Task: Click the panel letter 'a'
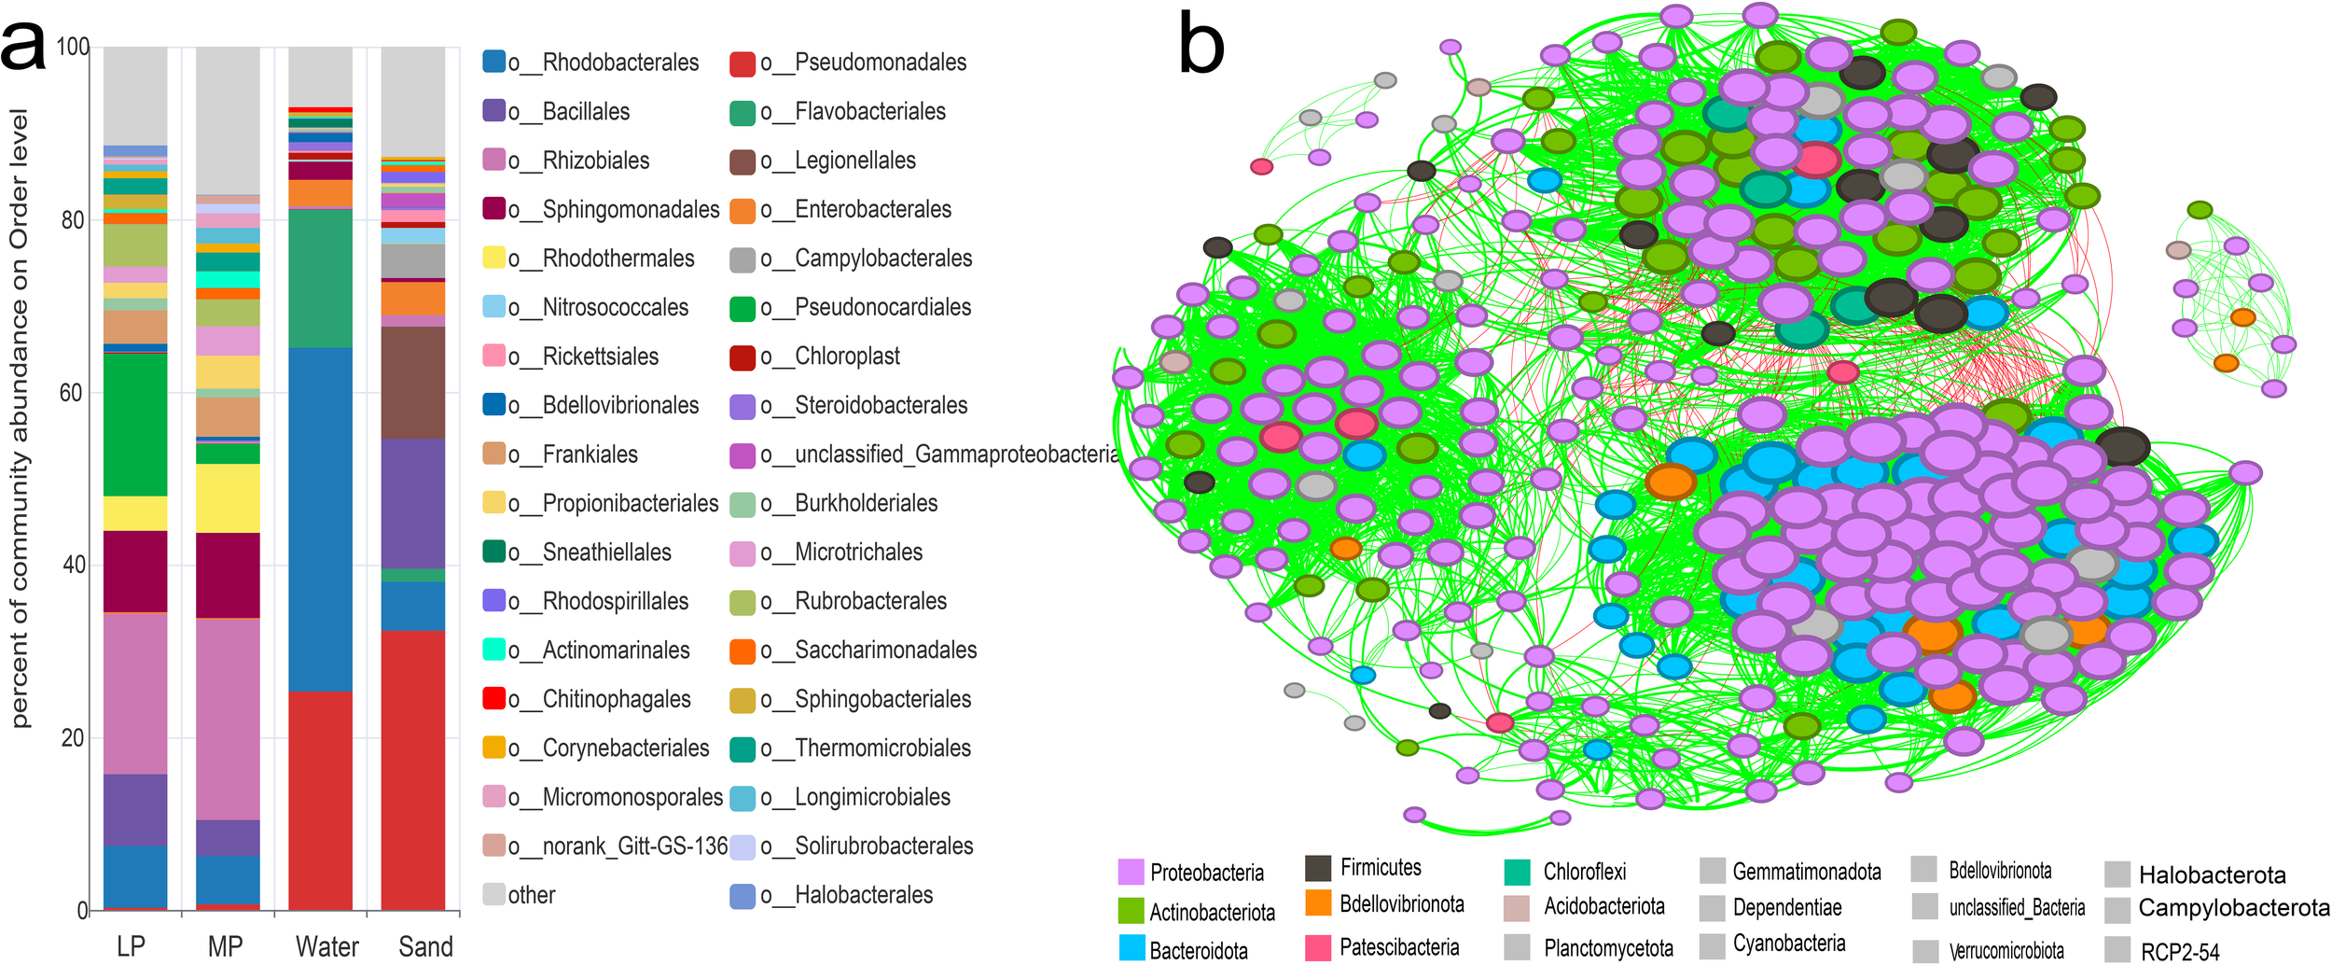pos(22,47)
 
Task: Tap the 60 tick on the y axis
pos(72,393)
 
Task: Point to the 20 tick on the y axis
pos(72,737)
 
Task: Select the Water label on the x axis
pos(326,946)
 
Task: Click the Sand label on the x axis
pos(425,946)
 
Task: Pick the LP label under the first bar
pos(131,946)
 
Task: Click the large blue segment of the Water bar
pos(321,519)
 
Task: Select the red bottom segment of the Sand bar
pos(413,770)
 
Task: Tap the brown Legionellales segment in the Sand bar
pos(413,383)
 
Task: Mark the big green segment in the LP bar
pos(135,425)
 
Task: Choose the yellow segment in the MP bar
pos(228,498)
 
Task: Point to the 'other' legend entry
pos(531,895)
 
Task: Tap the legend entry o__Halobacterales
pos(863,895)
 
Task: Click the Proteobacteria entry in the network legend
pos(1206,873)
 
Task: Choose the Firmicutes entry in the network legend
pos(1380,867)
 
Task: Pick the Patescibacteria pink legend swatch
pos(1318,947)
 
